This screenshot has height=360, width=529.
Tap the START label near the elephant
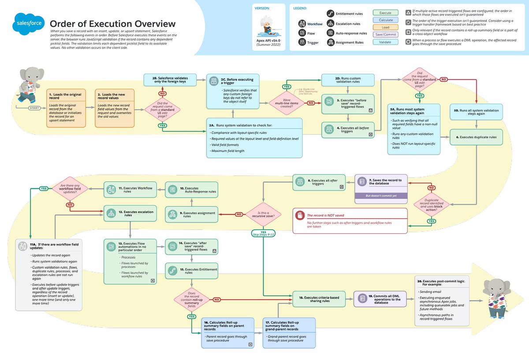tap(34, 108)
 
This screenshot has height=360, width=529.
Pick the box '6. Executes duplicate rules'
tap(476, 137)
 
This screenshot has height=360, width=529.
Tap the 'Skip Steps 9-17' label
tap(263, 235)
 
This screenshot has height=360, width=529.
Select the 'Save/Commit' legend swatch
tap(385, 34)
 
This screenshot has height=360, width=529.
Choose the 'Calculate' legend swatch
tap(385, 20)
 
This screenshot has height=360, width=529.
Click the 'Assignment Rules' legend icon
tap(330, 42)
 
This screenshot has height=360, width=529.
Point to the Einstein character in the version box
tap(267, 25)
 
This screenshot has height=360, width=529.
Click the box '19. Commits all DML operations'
tap(377, 299)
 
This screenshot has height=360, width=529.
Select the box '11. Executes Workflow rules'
tap(130, 190)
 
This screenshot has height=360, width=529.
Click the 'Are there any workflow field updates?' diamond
tap(69, 190)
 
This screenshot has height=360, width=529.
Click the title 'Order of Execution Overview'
tap(112, 24)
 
